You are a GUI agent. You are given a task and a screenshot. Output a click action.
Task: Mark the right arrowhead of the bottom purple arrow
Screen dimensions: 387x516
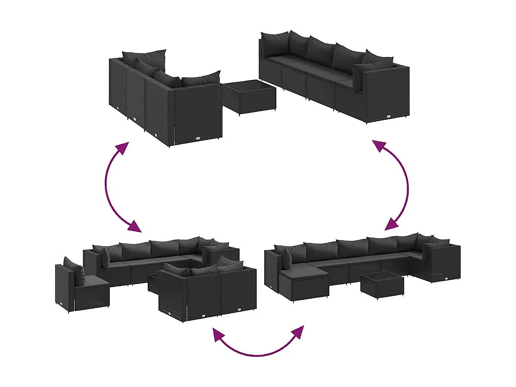tap(298, 332)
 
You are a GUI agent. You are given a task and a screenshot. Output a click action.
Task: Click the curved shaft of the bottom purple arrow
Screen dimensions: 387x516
tap(258, 353)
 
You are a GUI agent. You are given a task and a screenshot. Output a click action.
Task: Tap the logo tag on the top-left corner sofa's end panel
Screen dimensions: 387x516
tap(199, 138)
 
